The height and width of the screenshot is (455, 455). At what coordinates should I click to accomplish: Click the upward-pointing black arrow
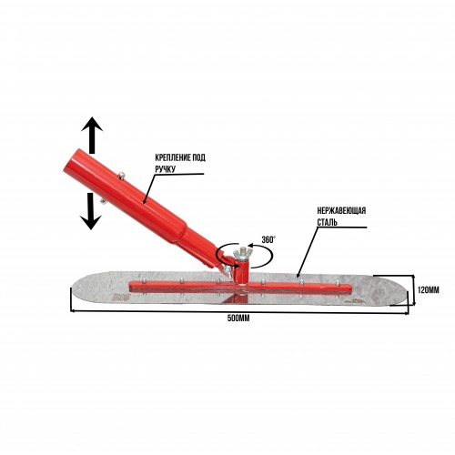[92, 135]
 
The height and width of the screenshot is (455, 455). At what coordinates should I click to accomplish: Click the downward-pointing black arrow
[91, 211]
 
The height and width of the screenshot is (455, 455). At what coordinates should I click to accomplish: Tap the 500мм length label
[238, 318]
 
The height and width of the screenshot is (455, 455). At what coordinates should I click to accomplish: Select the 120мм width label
[428, 290]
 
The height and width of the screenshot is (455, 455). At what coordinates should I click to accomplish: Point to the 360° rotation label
[268, 239]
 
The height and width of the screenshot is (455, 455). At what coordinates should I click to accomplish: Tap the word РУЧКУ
[166, 169]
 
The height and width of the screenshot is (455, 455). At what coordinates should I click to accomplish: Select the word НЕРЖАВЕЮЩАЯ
[341, 210]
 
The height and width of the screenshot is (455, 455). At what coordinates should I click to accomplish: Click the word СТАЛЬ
[327, 222]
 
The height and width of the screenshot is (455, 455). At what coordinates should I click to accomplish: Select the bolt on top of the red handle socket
[121, 175]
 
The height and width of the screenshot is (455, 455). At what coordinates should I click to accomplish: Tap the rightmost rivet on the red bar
[338, 283]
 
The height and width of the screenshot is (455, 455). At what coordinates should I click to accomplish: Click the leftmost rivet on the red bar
[144, 279]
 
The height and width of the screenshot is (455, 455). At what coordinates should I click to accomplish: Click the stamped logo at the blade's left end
[121, 297]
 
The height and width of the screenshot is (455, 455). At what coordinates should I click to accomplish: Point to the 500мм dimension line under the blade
[239, 311]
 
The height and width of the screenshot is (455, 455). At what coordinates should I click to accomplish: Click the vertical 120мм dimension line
[414, 289]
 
